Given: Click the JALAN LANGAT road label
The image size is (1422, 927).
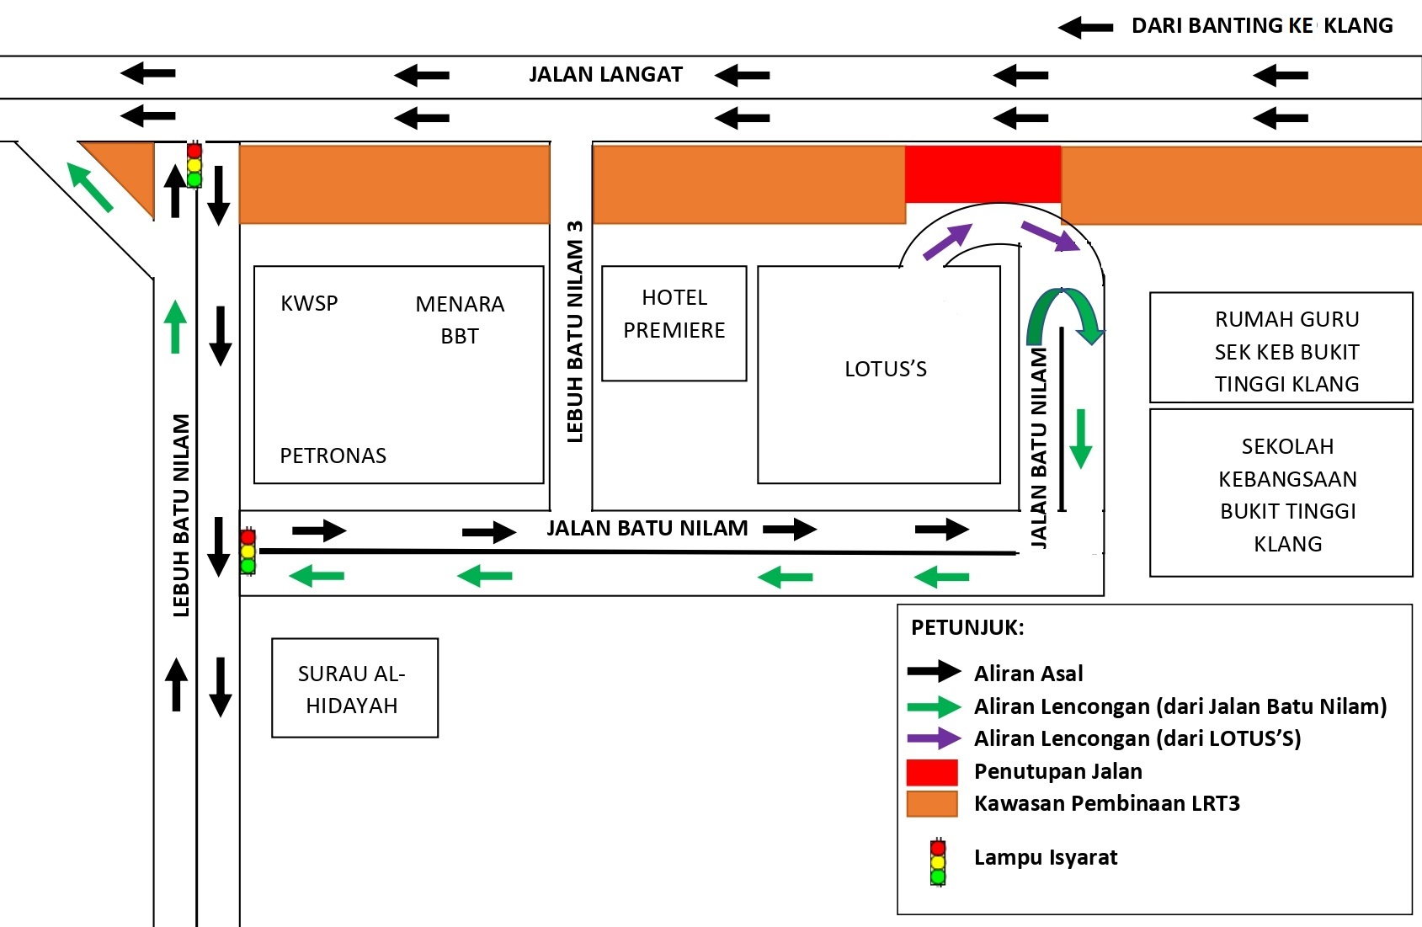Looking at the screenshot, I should click(605, 75).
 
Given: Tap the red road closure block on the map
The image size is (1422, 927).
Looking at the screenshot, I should click(983, 174).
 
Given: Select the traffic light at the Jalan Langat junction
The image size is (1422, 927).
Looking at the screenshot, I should click(194, 165).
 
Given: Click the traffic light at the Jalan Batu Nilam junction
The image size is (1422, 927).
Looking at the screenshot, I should click(248, 551).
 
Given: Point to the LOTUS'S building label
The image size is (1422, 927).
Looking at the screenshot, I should click(885, 369).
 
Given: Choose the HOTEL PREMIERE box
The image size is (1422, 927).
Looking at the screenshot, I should click(674, 323).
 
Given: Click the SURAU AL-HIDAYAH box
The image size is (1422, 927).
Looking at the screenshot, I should click(354, 688).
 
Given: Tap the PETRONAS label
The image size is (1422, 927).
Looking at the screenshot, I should click(333, 456).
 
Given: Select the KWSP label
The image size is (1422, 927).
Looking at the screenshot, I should click(309, 303).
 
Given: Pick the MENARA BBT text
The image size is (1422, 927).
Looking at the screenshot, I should click(460, 319).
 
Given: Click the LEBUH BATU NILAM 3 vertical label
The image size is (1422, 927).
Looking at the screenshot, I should click(575, 332).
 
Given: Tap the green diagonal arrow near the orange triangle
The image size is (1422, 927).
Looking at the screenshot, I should click(89, 187).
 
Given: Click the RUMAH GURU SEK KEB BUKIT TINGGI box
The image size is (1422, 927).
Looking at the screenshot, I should click(1281, 348).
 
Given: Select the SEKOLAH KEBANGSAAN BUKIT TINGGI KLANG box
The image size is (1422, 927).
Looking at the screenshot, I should click(1281, 493).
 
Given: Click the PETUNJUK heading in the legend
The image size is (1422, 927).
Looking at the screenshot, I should click(967, 627).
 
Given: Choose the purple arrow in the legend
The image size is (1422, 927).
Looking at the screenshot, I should click(934, 738).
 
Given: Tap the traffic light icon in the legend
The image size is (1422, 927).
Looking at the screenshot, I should click(938, 861).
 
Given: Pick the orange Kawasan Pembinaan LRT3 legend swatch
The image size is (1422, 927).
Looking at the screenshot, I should click(932, 804).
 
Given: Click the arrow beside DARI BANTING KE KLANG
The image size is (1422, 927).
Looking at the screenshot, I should click(1085, 28).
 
